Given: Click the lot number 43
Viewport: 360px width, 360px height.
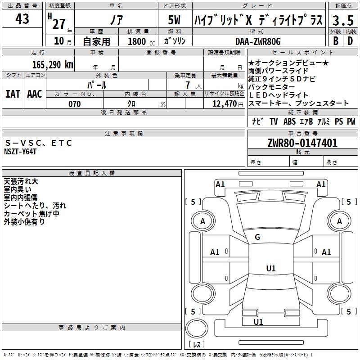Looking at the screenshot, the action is point(22,19).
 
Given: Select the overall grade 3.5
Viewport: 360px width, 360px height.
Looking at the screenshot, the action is point(343,20).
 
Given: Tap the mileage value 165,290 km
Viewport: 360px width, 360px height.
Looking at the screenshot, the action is point(53,65).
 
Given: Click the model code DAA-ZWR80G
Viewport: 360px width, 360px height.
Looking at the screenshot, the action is point(258,41).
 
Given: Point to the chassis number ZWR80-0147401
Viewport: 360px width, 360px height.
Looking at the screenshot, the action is point(302,143).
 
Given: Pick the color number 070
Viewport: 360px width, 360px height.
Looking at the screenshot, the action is point(75,104).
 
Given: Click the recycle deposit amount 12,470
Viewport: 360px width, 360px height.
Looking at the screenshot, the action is point(224,104).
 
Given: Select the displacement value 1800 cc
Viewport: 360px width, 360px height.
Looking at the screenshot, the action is point(141,41).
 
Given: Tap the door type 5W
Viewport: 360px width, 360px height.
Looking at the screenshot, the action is point(174,20).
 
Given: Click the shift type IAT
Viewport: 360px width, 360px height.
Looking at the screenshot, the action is point(13,94).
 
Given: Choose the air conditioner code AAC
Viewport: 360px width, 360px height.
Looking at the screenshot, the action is point(35,94).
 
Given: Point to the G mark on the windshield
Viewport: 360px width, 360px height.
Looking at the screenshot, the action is point(257,237).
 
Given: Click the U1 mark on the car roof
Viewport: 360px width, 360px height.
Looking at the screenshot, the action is point(271,268).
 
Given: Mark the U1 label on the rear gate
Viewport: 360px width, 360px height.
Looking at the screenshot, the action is point(258,322).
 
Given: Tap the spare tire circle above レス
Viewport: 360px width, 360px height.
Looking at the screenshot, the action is point(197,328).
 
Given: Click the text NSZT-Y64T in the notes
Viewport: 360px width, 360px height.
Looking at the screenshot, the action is point(20,152).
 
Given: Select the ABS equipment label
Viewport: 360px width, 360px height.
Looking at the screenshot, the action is point(289,121).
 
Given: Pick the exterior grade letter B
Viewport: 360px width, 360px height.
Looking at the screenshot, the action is point(336,41).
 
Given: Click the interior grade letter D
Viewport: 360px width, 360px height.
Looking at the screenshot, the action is point(350,41).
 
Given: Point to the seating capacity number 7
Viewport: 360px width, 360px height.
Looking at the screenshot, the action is point(188,85).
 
